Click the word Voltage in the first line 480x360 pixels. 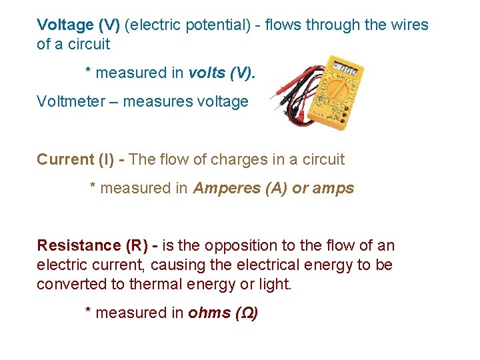pyautogui.click(x=65, y=25)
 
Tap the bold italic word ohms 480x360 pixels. pyautogui.click(x=209, y=313)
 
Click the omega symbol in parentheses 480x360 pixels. pyautogui.click(x=247, y=313)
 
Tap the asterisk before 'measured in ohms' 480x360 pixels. pyautogui.click(x=89, y=311)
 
